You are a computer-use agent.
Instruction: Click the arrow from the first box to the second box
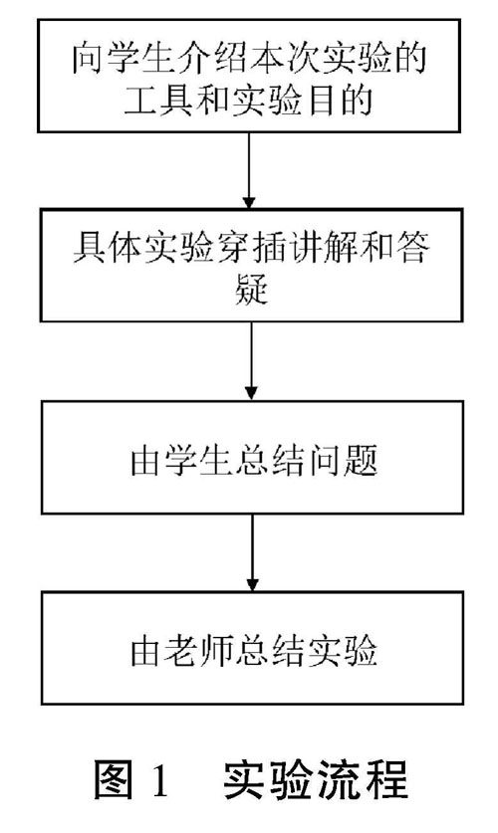(x=249, y=170)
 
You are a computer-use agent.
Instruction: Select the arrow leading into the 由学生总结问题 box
(x=251, y=360)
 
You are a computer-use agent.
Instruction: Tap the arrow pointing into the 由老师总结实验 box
(x=253, y=552)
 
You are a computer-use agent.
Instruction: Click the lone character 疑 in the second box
(x=251, y=290)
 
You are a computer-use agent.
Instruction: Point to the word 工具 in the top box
(x=158, y=100)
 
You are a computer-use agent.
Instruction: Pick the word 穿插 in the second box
(x=251, y=248)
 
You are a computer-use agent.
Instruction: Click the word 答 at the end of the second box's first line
(x=412, y=248)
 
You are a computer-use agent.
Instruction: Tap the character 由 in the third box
(x=146, y=460)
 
